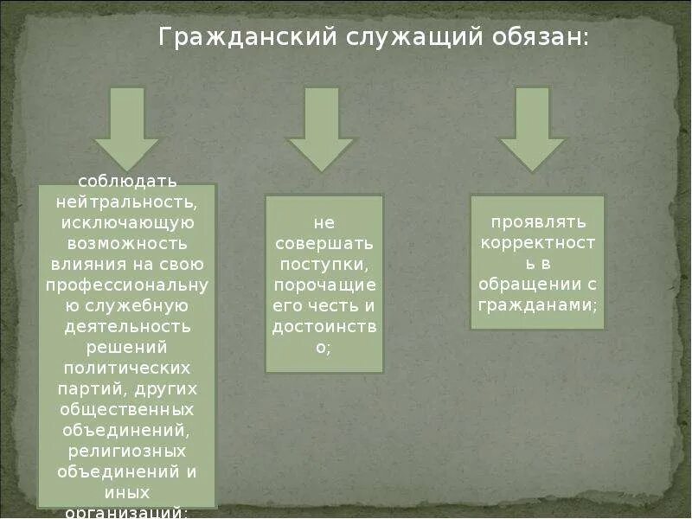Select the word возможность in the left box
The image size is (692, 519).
pos(127,244)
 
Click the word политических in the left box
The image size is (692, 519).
pos(127,367)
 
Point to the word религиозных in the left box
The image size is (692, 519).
pos(127,450)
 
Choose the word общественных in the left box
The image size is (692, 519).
pos(127,408)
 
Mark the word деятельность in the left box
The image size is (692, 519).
pos(127,326)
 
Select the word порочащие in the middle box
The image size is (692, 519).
pos(324,285)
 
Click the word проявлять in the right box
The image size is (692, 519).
pos(537,221)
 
